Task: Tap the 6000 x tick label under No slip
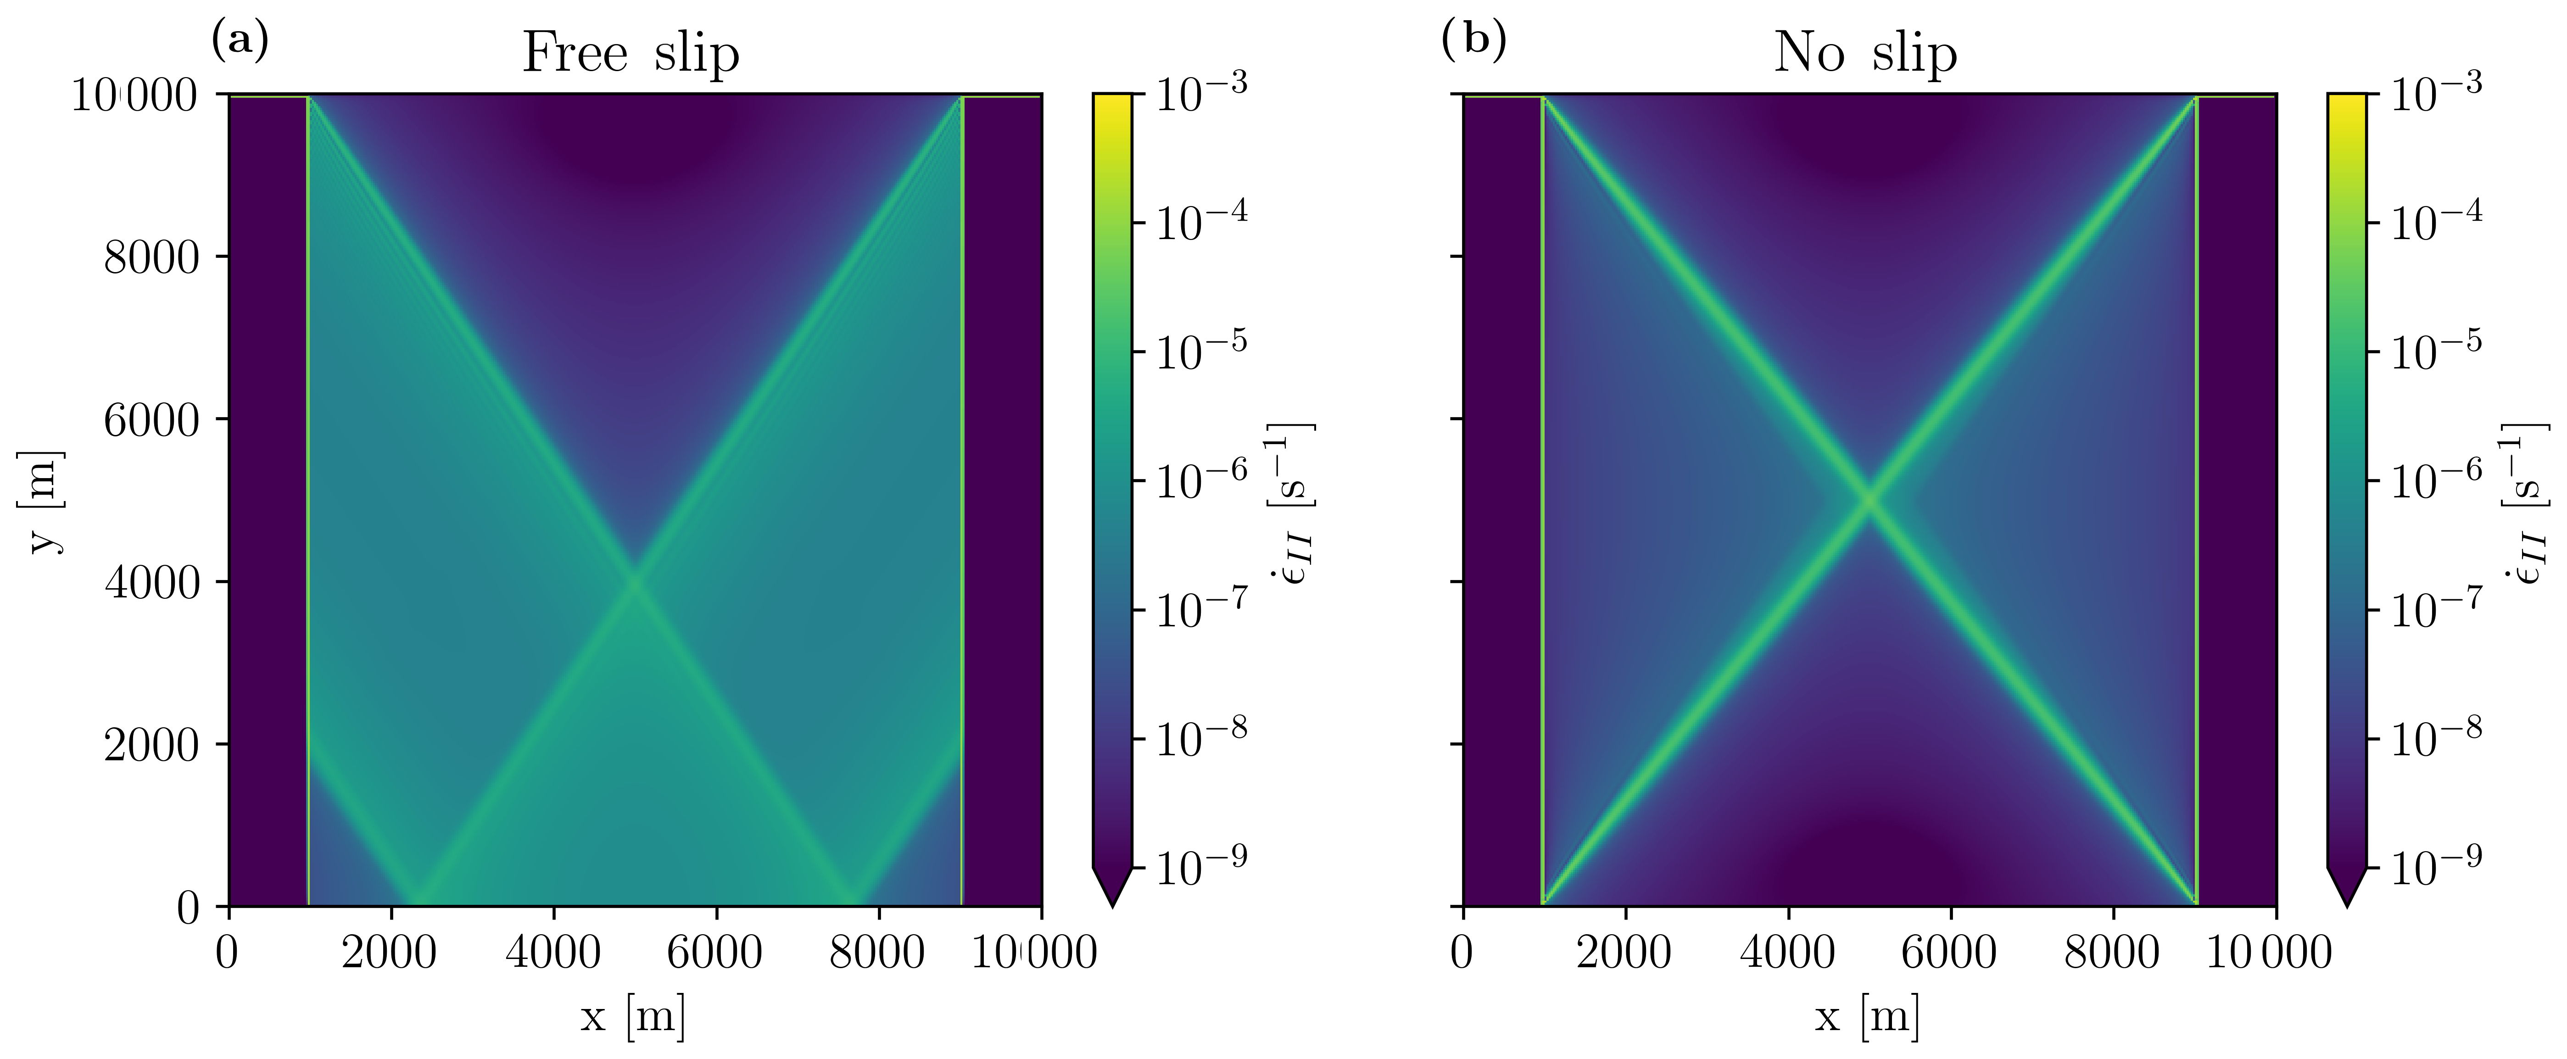[x=1949, y=953]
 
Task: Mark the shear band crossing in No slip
[x=1869, y=500]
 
